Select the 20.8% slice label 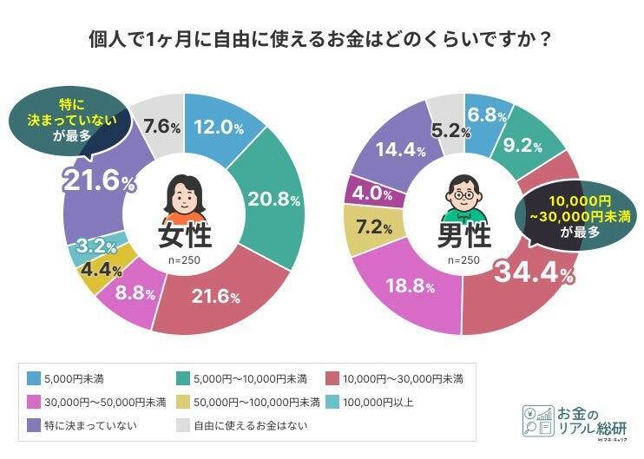pyautogui.click(x=274, y=199)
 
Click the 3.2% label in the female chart pyautogui.click(x=91, y=246)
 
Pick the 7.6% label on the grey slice pyautogui.click(x=161, y=127)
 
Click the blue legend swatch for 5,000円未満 pyautogui.click(x=34, y=378)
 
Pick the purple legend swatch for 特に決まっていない pyautogui.click(x=34, y=425)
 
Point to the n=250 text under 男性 pyautogui.click(x=463, y=259)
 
